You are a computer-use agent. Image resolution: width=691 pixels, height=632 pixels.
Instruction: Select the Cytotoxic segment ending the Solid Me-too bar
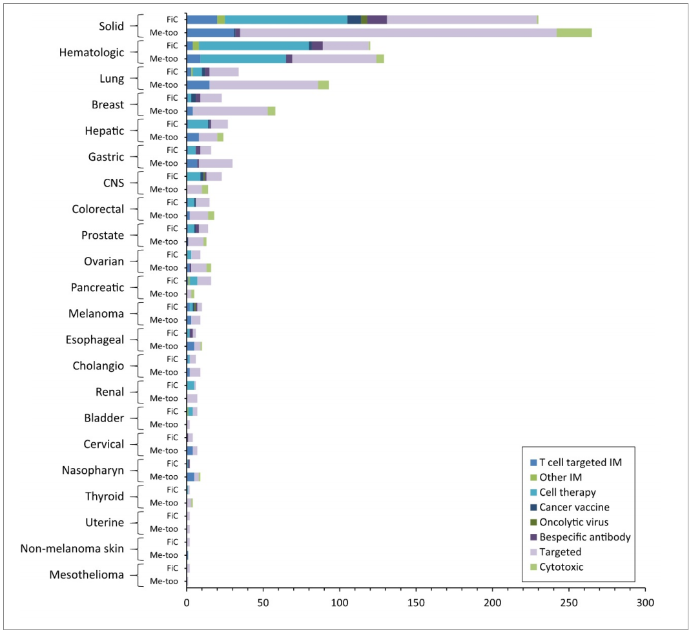coord(574,32)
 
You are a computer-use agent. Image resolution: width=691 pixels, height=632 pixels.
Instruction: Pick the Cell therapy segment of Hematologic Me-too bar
coord(243,59)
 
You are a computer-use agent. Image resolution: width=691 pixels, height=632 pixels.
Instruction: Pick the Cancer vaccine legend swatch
coord(533,507)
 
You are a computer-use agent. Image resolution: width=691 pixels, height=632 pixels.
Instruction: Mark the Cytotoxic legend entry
coord(561,567)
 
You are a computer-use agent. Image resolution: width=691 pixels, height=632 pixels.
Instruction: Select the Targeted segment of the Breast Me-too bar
coord(230,111)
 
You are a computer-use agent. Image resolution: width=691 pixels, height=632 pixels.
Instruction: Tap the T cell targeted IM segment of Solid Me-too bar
coord(210,32)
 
